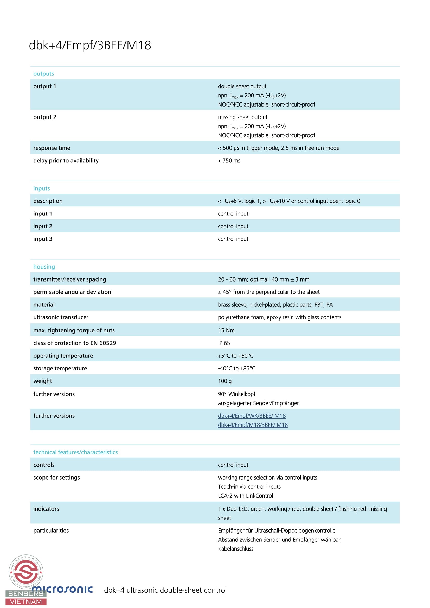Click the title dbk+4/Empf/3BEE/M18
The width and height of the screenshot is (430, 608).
90,45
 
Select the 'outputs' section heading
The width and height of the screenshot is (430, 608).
43,74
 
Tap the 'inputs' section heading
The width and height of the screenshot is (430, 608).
42,188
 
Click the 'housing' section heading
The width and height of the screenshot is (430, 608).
44,267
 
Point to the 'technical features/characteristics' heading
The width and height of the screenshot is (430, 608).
75,452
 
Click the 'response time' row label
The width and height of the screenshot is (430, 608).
52,148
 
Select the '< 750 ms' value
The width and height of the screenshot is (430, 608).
229,161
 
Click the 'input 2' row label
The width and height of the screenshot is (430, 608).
43,226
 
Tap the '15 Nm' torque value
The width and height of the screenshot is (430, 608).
226,330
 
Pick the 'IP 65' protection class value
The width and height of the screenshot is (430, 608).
224,343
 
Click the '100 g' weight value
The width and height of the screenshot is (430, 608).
225,381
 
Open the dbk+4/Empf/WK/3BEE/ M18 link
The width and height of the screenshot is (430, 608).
252,416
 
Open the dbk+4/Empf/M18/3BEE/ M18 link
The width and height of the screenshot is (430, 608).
253,425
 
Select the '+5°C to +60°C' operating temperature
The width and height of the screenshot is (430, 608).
235,356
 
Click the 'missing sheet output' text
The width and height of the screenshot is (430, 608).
243,117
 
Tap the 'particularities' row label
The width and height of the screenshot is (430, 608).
51,531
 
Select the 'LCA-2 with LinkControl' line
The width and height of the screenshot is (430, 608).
245,496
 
